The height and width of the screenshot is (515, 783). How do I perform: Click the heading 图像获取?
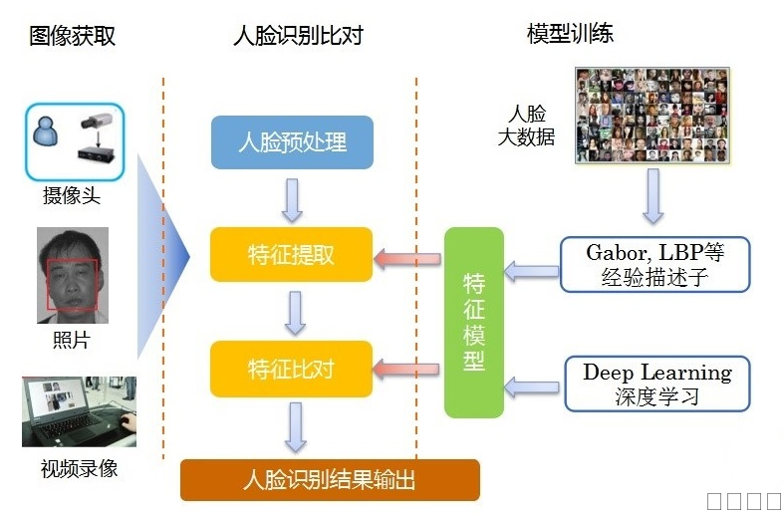pyautogui.click(x=72, y=36)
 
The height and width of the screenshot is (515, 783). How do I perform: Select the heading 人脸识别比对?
pyautogui.click(x=297, y=36)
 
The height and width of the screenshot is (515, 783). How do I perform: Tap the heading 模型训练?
pyautogui.click(x=570, y=33)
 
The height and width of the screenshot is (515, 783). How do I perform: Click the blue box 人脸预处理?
pyautogui.click(x=292, y=141)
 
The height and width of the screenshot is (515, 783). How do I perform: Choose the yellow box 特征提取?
pyautogui.click(x=291, y=255)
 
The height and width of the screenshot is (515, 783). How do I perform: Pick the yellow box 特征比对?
pyautogui.click(x=291, y=370)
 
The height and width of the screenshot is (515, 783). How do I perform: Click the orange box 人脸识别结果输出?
pyautogui.click(x=330, y=480)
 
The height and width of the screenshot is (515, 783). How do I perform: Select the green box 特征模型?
pyautogui.click(x=474, y=322)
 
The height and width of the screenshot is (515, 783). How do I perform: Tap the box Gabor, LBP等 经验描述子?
pyautogui.click(x=654, y=264)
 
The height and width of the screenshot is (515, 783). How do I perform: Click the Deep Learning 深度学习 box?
pyautogui.click(x=656, y=384)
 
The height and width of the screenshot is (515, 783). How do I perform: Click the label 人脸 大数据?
pyautogui.click(x=526, y=126)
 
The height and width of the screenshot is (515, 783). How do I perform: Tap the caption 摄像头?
pyautogui.click(x=72, y=195)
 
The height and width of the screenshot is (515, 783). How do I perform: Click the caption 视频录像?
pyautogui.click(x=79, y=467)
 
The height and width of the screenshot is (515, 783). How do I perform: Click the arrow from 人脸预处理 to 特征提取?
pyautogui.click(x=292, y=200)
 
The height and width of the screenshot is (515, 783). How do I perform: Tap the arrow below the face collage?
pyautogui.click(x=652, y=195)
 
